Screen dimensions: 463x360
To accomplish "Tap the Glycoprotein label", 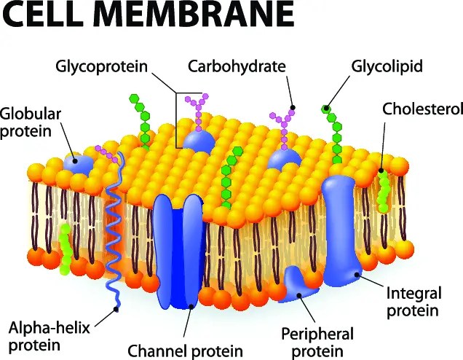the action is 101,67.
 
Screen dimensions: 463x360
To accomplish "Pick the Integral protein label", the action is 413,302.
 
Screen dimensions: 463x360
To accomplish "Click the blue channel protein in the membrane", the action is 176,248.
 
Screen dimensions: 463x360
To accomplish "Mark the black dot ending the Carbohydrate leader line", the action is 293,108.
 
